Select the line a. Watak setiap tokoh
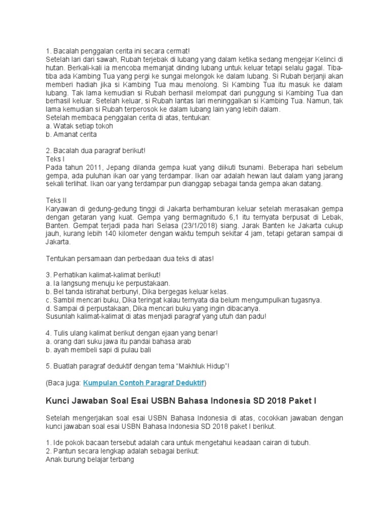[x=79, y=126]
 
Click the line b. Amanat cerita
[x=71, y=134]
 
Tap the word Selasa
[x=156, y=225]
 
